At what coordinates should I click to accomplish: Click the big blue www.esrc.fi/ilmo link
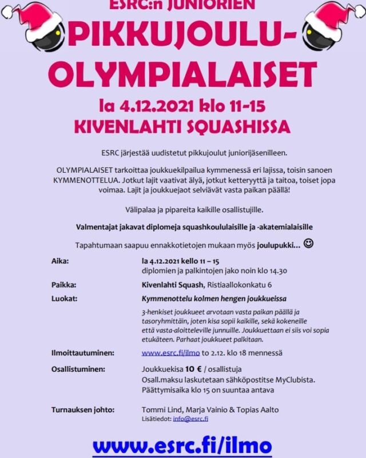coord(182,444)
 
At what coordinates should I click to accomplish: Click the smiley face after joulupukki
coord(309,244)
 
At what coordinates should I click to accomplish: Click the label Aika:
coord(60,260)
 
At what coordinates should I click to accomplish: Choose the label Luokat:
coord(63,298)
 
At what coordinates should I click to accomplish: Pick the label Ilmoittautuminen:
coord(82,353)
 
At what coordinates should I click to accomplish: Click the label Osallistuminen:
coord(78,369)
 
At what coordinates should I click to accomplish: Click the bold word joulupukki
coord(276,245)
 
